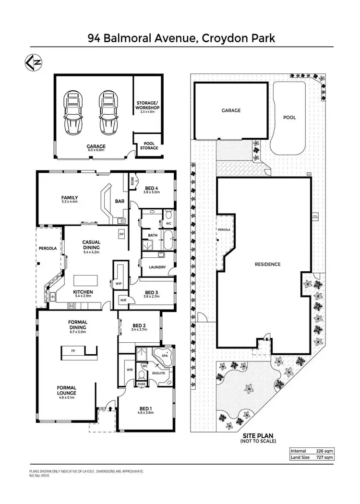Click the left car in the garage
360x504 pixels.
click(73, 114)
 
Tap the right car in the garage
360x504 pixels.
click(108, 114)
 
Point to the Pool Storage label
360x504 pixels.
click(149, 145)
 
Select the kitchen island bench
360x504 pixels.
click(85, 281)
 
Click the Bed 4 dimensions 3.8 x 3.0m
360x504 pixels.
click(152, 192)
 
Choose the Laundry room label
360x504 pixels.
click(157, 267)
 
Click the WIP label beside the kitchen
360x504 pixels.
click(119, 284)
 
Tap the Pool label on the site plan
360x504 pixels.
click(289, 117)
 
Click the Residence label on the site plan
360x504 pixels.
click(267, 264)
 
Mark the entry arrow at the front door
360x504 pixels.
click(110, 408)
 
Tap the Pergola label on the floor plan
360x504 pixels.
click(48, 249)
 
